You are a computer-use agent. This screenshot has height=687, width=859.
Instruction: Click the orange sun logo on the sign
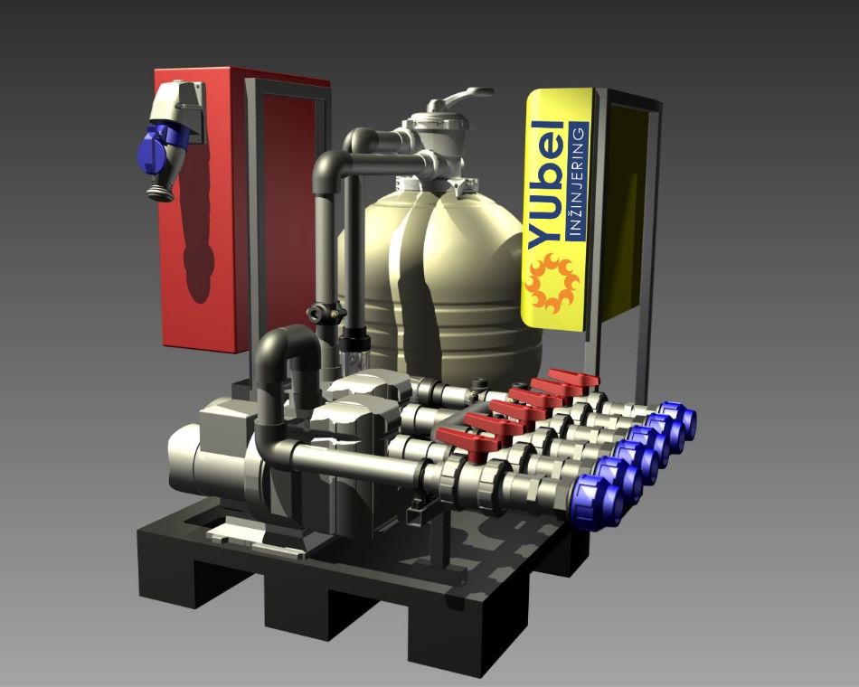[x=551, y=283]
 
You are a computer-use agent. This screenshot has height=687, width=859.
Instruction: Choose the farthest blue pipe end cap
[x=679, y=420]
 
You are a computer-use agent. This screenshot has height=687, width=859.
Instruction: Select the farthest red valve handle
[x=573, y=378]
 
